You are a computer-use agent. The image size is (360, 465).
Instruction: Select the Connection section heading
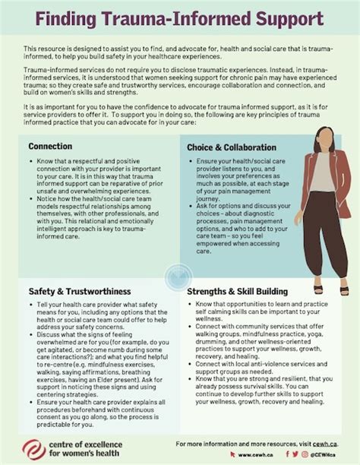tap(50, 145)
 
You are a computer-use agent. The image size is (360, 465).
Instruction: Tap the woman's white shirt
tap(322, 175)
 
